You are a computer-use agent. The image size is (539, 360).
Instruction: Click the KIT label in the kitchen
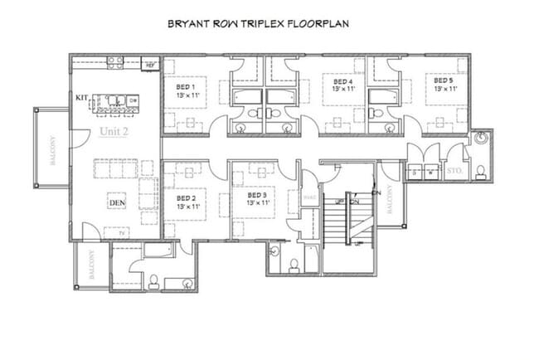click(82, 98)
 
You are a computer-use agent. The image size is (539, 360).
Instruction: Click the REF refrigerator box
click(150, 63)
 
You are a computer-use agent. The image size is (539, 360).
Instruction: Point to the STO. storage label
click(454, 173)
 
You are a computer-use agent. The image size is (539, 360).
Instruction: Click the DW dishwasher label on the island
click(134, 100)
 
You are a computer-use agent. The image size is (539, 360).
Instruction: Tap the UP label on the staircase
click(340, 202)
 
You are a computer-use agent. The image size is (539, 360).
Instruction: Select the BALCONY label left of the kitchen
click(52, 150)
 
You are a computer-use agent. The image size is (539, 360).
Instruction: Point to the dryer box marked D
click(415, 173)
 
